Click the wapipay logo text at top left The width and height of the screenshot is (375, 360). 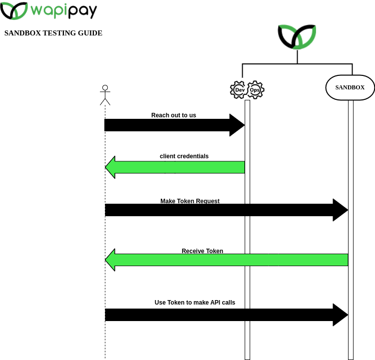pyautogui.click(x=63, y=10)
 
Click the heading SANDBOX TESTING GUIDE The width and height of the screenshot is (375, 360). pyautogui.click(x=53, y=33)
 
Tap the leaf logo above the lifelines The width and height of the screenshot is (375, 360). pyautogui.click(x=297, y=37)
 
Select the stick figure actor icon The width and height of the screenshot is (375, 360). pyautogui.click(x=105, y=95)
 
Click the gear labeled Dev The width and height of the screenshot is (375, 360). pyautogui.click(x=239, y=90)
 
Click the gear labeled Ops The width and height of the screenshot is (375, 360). pyautogui.click(x=255, y=90)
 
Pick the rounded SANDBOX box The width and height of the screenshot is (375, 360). pyautogui.click(x=350, y=87)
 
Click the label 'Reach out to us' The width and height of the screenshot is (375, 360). pyautogui.click(x=174, y=115)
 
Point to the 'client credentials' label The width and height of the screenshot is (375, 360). pyautogui.click(x=184, y=156)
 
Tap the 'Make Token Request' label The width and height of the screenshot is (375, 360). pyautogui.click(x=190, y=201)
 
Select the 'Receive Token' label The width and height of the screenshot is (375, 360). pyautogui.click(x=202, y=251)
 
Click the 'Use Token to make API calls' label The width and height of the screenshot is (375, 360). pyautogui.click(x=195, y=303)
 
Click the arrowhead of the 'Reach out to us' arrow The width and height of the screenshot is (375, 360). pyautogui.click(x=237, y=125)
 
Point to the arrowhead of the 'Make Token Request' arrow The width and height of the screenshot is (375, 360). pyautogui.click(x=340, y=210)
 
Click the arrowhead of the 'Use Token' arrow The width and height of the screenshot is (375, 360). pyautogui.click(x=340, y=315)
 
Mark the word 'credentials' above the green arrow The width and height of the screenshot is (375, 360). pyautogui.click(x=192, y=156)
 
